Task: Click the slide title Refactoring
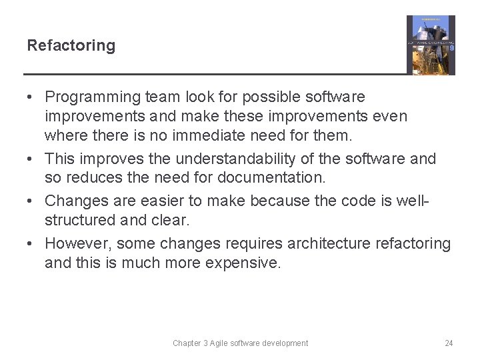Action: (x=71, y=46)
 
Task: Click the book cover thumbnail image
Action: (x=431, y=45)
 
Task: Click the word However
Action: (x=75, y=243)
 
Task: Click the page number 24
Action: (x=449, y=343)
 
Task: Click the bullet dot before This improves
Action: (x=31, y=159)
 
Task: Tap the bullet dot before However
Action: (x=31, y=244)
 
